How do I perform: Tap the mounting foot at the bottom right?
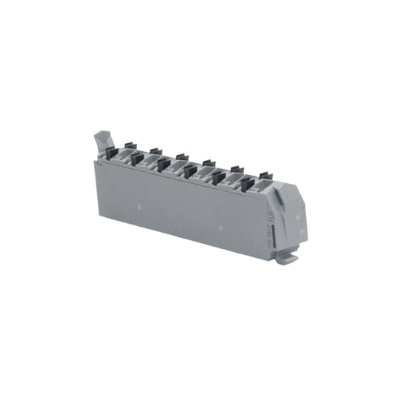(x=287, y=256)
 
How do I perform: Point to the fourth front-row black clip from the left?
(x=191, y=171)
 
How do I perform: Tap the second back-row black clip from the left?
(x=155, y=150)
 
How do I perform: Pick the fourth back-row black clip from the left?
(x=209, y=162)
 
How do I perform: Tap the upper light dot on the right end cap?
(x=296, y=213)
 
